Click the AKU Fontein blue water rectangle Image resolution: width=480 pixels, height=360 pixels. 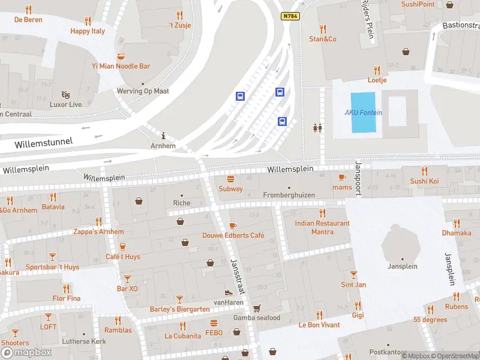363,112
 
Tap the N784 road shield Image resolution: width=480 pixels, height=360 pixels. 290,16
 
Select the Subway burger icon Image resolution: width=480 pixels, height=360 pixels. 230,178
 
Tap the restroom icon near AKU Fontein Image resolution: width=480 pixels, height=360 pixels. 317,127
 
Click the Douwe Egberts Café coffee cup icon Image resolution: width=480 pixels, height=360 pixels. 233,226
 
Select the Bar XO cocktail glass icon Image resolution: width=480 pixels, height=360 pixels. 127,278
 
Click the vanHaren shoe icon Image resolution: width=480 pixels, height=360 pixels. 228,293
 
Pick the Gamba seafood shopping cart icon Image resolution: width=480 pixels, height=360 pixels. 257,308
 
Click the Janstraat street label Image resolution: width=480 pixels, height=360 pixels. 238,277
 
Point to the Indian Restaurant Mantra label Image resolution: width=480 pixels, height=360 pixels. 323,227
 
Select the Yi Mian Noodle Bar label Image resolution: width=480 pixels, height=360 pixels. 121,66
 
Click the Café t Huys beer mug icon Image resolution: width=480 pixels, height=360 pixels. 123,247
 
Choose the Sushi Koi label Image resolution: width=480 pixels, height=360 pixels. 424,181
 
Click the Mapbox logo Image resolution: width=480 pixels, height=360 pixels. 26,352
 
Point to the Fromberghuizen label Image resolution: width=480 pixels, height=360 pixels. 289,195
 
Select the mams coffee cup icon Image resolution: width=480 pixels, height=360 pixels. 342,177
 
